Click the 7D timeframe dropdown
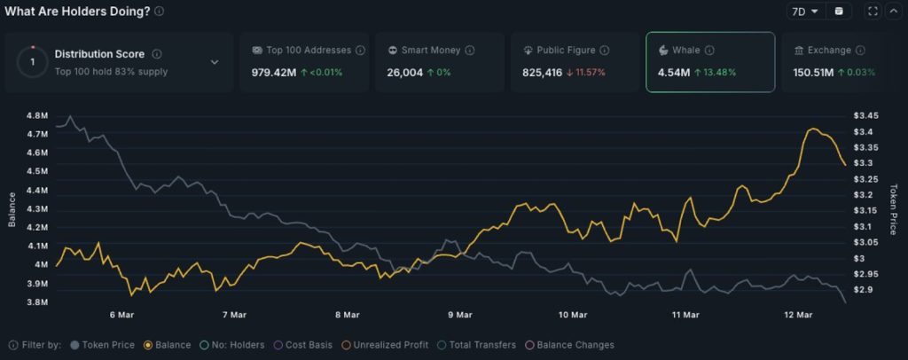tap(803, 12)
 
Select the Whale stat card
tap(709, 62)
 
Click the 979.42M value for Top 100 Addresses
tap(274, 72)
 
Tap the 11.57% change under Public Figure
tap(585, 72)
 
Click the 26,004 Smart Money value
tap(404, 72)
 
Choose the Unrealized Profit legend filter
tap(389, 345)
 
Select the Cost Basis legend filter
tap(307, 345)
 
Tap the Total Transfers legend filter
tap(481, 345)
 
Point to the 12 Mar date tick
tap(799, 315)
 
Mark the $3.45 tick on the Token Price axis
tap(865, 116)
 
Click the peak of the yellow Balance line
tap(812, 129)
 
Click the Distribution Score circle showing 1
tap(33, 62)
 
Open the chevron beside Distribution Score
tap(215, 62)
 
